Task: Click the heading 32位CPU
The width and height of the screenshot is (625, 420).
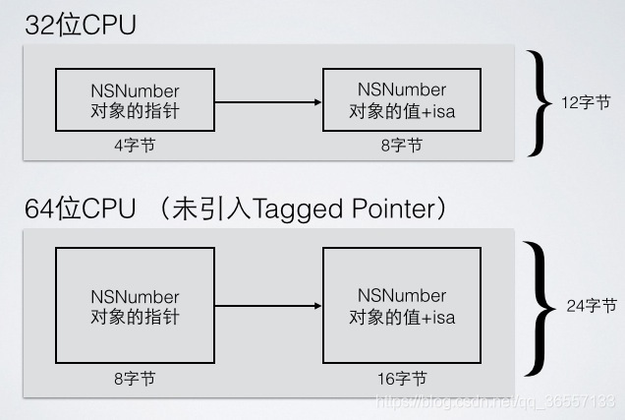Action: (x=80, y=25)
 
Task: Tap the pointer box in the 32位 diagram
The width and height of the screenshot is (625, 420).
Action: (x=135, y=100)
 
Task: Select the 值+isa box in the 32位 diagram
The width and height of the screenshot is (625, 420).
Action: (x=402, y=100)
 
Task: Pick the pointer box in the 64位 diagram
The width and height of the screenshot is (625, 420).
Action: (x=135, y=306)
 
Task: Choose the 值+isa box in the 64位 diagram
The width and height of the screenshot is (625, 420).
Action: (x=402, y=306)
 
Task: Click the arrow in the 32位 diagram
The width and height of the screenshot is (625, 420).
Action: (x=268, y=101)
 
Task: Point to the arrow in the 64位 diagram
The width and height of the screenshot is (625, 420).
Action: (x=268, y=306)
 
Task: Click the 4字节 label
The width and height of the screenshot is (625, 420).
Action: (x=135, y=145)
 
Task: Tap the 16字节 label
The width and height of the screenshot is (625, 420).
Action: (x=402, y=378)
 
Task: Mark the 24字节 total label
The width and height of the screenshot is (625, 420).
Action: (x=592, y=306)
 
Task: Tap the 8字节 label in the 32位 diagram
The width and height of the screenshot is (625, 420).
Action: (x=402, y=145)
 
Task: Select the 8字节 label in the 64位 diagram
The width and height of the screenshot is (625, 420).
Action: (x=135, y=378)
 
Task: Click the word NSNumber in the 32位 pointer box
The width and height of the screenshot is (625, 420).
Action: (x=135, y=90)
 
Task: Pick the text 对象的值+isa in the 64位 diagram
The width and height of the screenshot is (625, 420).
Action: (x=402, y=317)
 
